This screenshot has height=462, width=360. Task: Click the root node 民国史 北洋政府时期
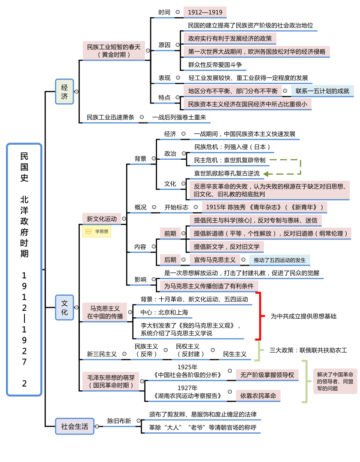tap(24, 269)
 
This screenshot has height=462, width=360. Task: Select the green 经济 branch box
tap(64, 91)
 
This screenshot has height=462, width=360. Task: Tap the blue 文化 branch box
tap(64, 307)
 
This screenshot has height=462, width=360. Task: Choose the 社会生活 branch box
tap(74, 426)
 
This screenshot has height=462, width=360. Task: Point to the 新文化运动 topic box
tap(102, 219)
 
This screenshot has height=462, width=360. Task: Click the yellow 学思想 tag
tap(97, 231)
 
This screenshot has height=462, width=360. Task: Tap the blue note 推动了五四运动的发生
tap(279, 260)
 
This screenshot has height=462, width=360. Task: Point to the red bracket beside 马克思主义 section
tap(259, 316)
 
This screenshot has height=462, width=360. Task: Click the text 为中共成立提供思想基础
tap(303, 316)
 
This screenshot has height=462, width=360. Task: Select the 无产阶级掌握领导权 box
tap(267, 375)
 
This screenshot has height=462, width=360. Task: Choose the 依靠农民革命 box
tap(258, 396)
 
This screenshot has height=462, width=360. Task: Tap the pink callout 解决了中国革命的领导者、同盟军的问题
tap(335, 381)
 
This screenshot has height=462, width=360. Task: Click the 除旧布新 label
tap(119, 421)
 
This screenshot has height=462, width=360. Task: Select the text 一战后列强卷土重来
tap(179, 117)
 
